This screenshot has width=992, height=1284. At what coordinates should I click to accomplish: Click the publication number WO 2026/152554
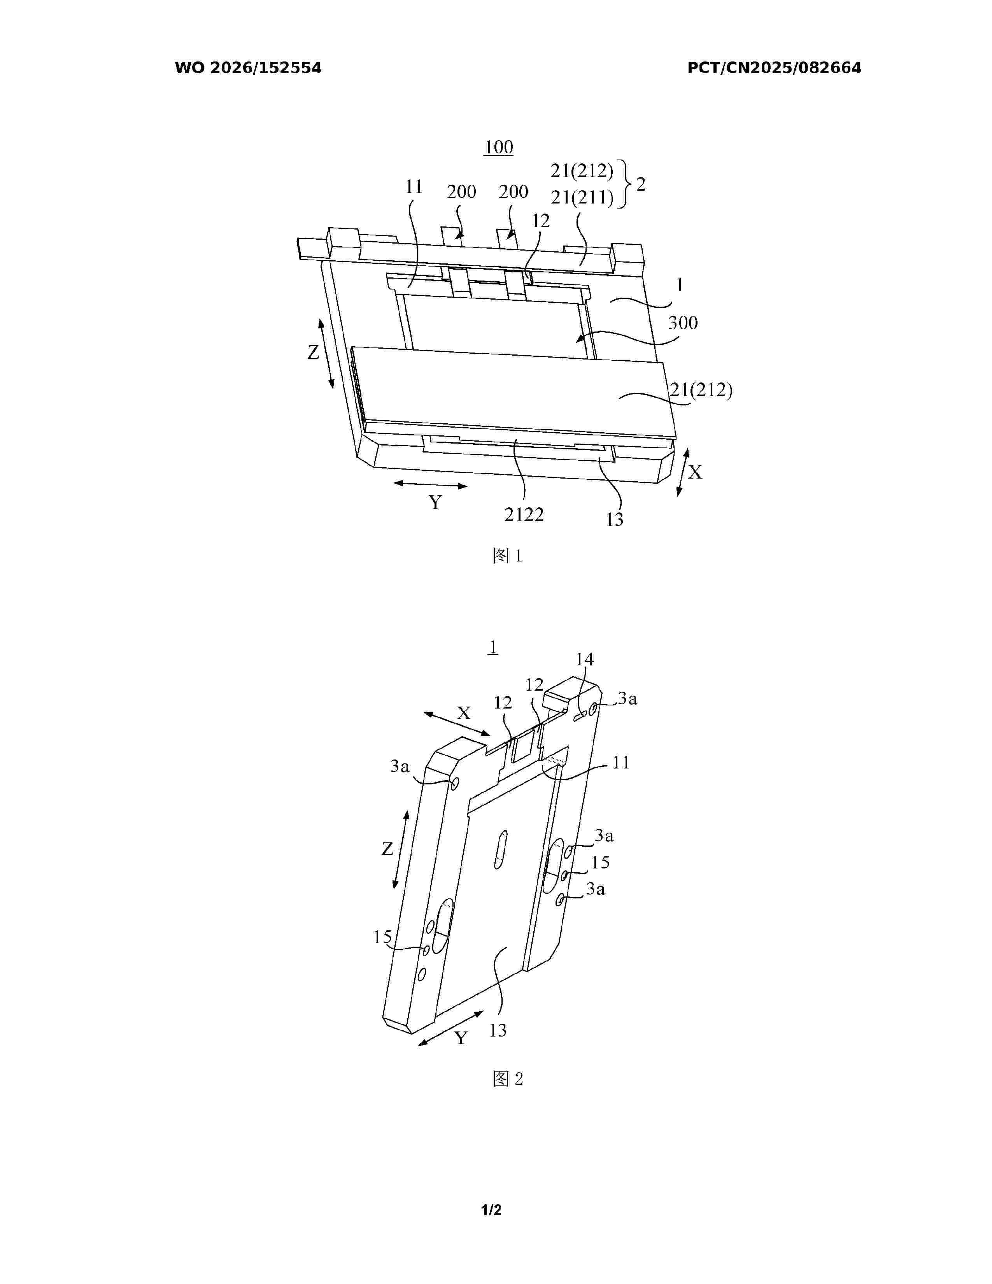tap(248, 68)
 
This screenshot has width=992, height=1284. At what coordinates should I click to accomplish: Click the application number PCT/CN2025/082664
tap(774, 68)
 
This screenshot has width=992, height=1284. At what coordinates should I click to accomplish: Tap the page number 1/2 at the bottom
tap(491, 1210)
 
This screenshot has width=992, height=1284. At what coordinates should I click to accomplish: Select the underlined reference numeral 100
tap(498, 147)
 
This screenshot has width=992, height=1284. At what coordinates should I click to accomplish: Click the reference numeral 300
tap(683, 323)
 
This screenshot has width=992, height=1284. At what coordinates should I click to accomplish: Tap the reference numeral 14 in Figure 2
tap(584, 660)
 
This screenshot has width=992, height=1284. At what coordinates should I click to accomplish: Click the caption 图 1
tap(508, 556)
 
